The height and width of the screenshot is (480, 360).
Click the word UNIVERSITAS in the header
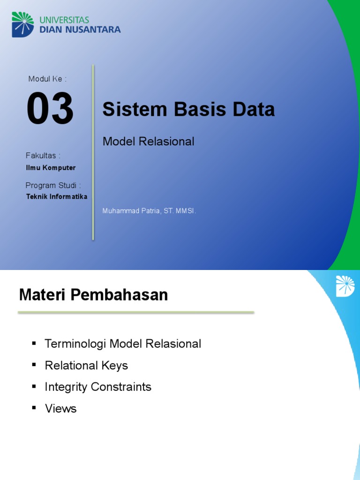click(x=64, y=20)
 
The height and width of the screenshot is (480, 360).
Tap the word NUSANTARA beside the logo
click(x=95, y=30)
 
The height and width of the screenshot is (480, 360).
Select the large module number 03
click(x=50, y=109)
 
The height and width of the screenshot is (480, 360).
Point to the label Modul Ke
click(x=47, y=79)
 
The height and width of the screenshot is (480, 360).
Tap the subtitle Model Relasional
click(x=148, y=141)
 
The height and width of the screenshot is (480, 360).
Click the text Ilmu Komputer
click(x=51, y=168)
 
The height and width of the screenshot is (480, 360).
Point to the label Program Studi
click(x=53, y=185)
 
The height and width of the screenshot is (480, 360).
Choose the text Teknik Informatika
click(x=57, y=197)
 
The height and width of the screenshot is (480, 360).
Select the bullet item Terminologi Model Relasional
click(x=123, y=344)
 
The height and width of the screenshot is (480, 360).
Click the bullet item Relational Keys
click(x=86, y=365)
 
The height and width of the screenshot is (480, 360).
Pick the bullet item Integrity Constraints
click(x=98, y=387)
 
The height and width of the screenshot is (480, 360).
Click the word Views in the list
click(x=60, y=408)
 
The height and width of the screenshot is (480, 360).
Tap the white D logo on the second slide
click(x=345, y=286)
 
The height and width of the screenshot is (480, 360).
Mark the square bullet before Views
click(x=34, y=408)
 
